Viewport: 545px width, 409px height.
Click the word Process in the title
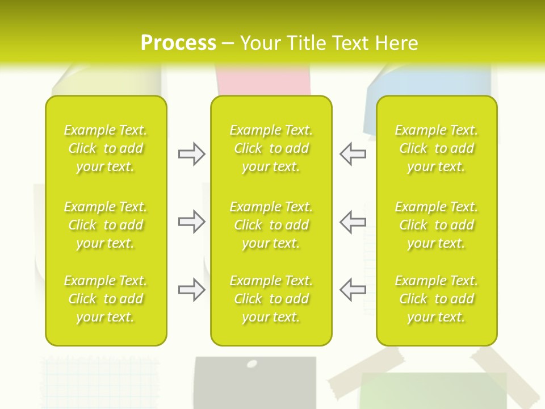(x=178, y=43)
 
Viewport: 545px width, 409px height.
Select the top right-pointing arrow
(x=191, y=154)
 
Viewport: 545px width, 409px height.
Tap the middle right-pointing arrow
(x=191, y=222)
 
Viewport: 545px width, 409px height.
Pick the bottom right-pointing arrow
(x=191, y=290)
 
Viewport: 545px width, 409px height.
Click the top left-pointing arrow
(x=353, y=154)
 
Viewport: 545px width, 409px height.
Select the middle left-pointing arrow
(x=353, y=222)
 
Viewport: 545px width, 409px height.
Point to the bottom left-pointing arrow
(x=353, y=290)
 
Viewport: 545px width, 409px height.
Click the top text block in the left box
(x=106, y=148)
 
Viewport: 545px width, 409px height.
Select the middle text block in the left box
(x=106, y=225)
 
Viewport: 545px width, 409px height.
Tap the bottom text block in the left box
(x=106, y=299)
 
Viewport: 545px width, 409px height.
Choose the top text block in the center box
(x=271, y=148)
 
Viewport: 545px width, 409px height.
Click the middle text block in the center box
(x=271, y=225)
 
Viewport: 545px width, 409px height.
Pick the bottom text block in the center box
(x=271, y=299)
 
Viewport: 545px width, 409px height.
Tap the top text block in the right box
(x=437, y=148)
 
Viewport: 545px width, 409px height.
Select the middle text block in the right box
(x=437, y=225)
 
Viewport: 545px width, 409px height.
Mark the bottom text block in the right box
(x=437, y=299)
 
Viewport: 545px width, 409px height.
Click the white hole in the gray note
(x=252, y=364)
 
